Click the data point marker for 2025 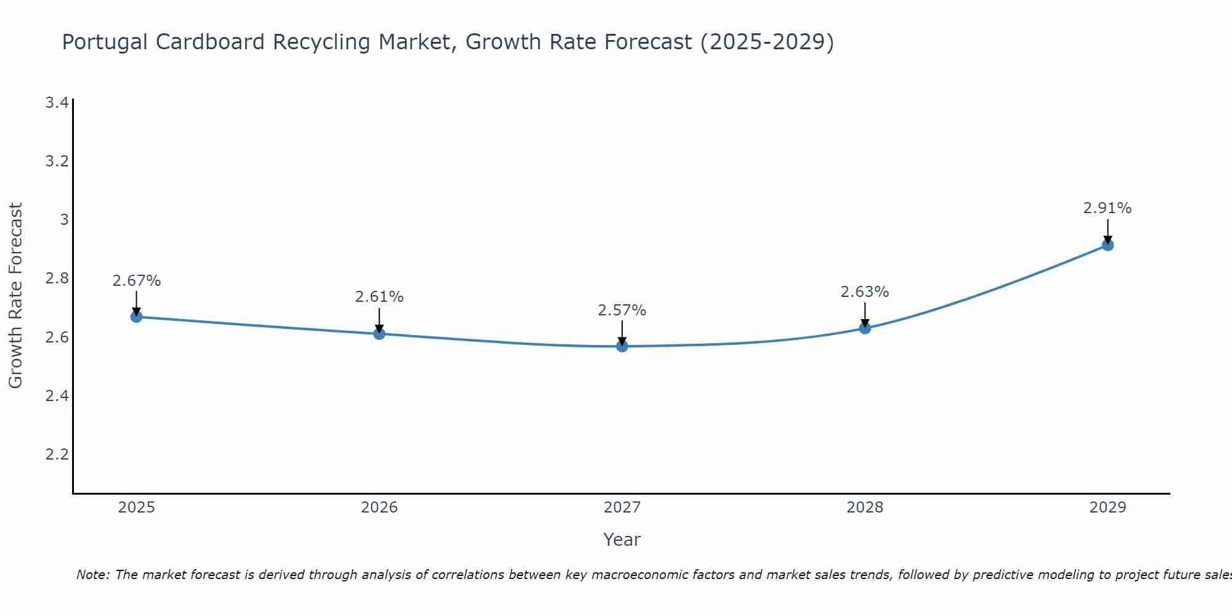coord(137,317)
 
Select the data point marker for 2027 coord(622,346)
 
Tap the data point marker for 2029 coord(1108,245)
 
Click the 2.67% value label coord(137,281)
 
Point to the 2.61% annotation coord(379,297)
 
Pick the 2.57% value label coord(622,310)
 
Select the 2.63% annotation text coord(865,292)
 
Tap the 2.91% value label coord(1108,208)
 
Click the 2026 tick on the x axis coord(379,508)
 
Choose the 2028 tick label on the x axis coord(865,508)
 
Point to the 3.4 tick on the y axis coord(57,102)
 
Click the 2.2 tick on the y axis coord(57,455)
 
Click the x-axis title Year coord(622,540)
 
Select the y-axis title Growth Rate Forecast coord(16,296)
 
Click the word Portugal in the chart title coord(105,42)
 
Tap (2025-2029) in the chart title coord(767,42)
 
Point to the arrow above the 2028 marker coord(865,314)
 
